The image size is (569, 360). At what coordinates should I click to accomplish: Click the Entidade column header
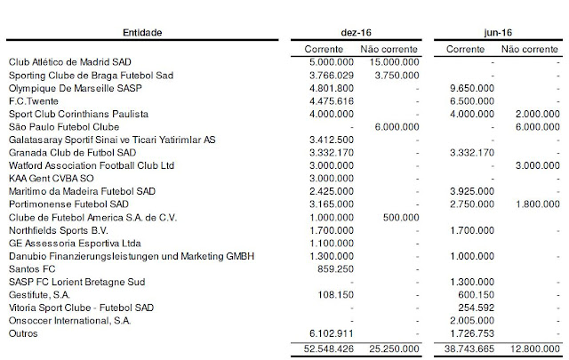(147, 33)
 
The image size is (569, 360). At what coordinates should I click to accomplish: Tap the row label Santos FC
(28, 268)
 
